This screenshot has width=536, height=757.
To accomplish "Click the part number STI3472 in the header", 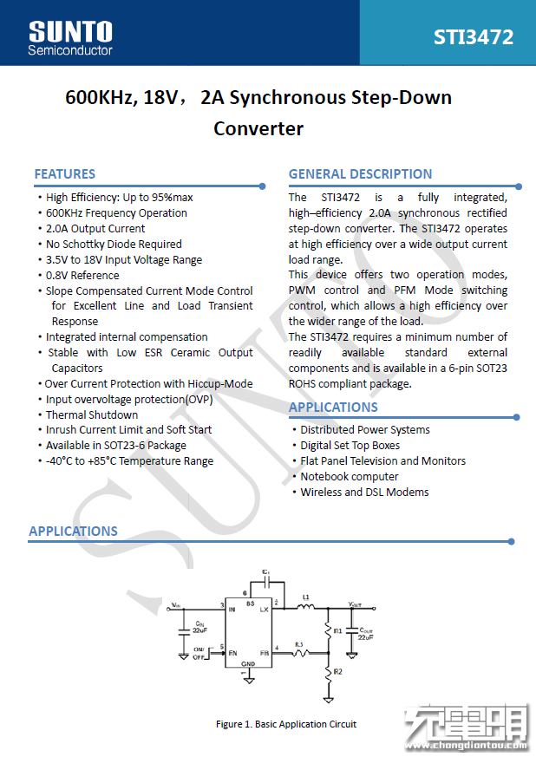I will (474, 37).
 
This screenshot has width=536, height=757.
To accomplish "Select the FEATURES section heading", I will (65, 173).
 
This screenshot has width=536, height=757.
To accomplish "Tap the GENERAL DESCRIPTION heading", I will (360, 173).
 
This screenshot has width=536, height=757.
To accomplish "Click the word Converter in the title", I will (258, 128).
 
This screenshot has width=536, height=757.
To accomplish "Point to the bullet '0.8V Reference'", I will (82, 275).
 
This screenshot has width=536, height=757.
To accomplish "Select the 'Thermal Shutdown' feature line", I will (91, 414).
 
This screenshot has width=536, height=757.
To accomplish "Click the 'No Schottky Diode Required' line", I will (114, 244).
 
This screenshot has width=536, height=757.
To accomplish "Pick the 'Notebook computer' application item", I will (350, 476).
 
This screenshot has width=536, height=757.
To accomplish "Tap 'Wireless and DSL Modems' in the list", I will (364, 492).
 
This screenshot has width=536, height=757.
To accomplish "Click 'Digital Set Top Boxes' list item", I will (350, 445).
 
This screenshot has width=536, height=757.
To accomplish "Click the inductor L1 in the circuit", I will (305, 608).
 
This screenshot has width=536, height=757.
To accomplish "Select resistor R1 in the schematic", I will (328, 630).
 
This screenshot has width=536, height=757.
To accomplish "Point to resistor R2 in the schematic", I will (328, 673).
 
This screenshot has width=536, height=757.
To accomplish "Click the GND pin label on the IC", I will (248, 663).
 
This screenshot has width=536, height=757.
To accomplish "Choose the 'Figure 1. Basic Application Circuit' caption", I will (286, 724).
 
